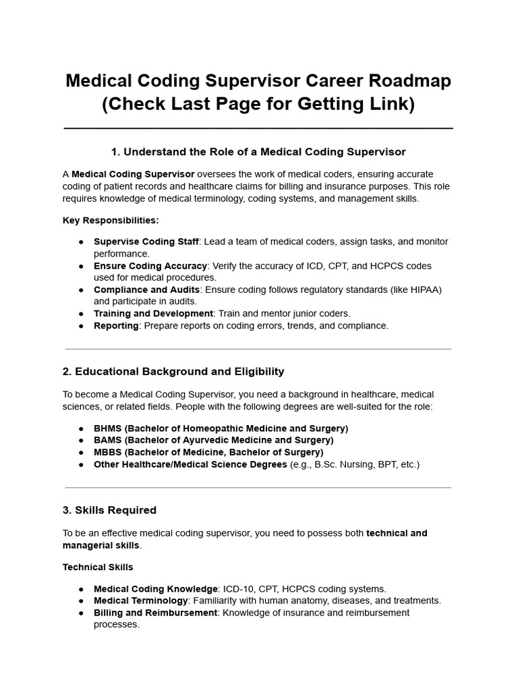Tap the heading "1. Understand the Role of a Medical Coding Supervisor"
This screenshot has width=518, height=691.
(258, 151)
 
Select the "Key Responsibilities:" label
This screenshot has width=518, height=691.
(111, 220)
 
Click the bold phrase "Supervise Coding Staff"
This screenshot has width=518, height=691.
(146, 242)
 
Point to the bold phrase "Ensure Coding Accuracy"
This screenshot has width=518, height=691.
(150, 266)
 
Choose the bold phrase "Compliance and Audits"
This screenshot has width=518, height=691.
(146, 289)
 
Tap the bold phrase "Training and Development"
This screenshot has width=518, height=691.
(153, 314)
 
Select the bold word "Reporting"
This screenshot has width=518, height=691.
(116, 326)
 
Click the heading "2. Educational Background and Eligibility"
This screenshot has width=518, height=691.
(173, 371)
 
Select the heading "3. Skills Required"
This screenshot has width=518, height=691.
(109, 510)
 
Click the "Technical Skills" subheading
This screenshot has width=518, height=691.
(98, 567)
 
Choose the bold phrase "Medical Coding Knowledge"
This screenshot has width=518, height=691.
(156, 589)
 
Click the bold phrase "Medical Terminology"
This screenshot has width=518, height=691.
(140, 601)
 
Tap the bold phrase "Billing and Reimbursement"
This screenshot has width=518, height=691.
(155, 613)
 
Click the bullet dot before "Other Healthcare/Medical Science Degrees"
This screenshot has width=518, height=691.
(81, 465)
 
